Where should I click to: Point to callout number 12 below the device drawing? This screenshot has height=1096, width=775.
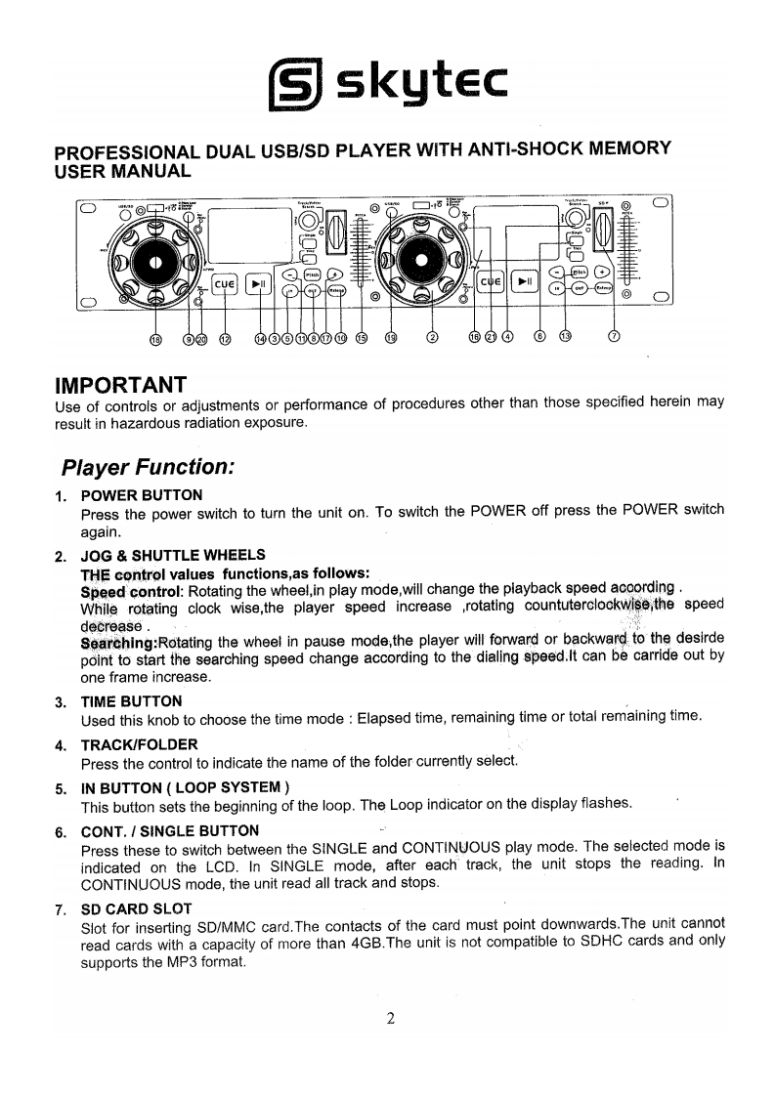click(x=226, y=339)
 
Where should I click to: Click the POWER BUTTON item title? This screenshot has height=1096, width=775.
click(x=142, y=495)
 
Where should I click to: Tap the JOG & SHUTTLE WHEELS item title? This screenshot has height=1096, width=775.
click(x=173, y=555)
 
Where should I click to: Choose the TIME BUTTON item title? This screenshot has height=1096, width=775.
click(x=131, y=701)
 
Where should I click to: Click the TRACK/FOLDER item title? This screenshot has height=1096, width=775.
click(x=139, y=745)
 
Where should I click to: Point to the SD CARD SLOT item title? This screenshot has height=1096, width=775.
click(x=136, y=908)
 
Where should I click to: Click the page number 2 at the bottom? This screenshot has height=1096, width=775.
click(x=389, y=1019)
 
